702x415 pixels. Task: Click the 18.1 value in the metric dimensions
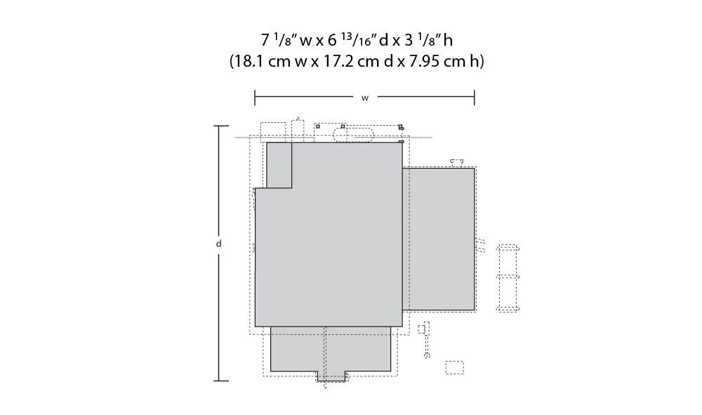(249, 61)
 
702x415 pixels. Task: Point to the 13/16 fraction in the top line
(357, 39)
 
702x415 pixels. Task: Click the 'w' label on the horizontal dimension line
(365, 98)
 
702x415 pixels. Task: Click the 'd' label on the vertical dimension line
(219, 244)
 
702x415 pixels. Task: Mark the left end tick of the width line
(255, 98)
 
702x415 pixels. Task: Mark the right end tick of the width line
(475, 98)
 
